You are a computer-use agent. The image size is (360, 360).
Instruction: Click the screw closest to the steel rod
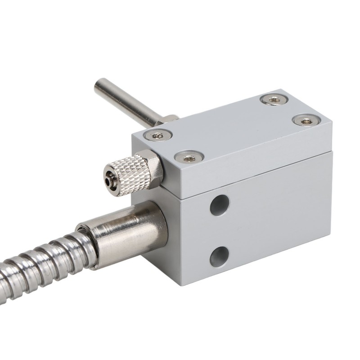pos(158,134)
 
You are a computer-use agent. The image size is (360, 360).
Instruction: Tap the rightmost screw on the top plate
pos(306,120)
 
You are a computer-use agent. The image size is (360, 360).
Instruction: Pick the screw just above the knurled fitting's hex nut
pos(189,157)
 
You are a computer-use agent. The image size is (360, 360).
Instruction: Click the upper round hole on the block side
pos(220,205)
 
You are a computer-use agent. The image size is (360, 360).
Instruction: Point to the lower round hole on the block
pos(219,256)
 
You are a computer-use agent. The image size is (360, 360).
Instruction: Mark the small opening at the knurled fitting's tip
pos(108,180)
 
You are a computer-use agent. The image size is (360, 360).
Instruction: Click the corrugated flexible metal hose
pos(40,270)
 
